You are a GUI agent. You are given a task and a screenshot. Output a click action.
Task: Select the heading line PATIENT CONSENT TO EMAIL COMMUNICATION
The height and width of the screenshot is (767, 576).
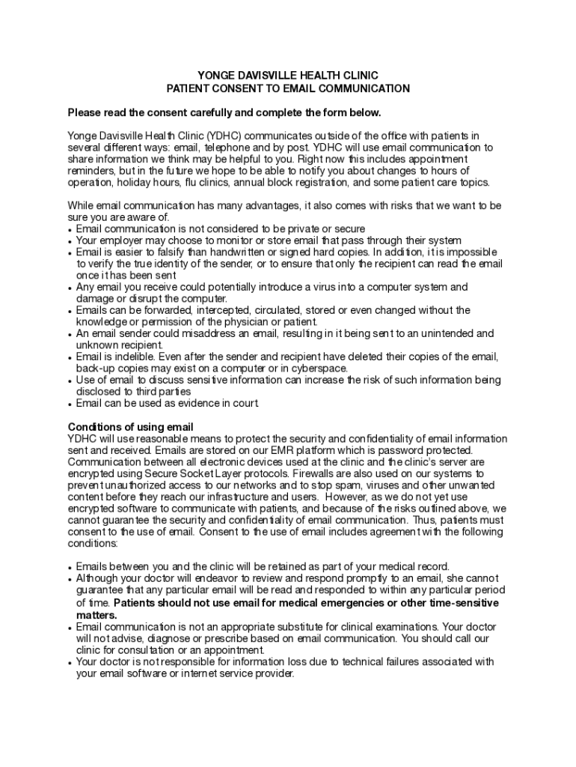pyautogui.click(x=288, y=88)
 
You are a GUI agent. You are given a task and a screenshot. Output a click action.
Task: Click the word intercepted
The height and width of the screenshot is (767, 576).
pyautogui.click(x=218, y=310)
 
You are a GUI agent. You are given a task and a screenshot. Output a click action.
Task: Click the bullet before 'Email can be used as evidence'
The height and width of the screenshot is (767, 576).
pyautogui.click(x=70, y=404)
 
